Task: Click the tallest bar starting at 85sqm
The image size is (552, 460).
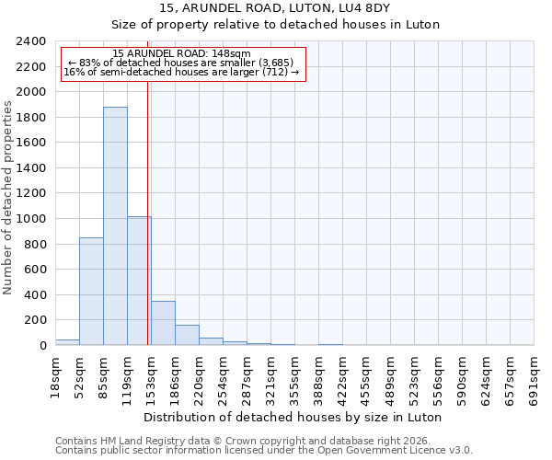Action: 115,226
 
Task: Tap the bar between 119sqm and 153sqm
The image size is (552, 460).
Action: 139,281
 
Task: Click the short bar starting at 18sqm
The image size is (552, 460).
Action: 67,342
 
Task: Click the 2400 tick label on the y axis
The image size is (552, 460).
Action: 31,41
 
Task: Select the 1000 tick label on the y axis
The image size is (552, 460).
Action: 31,219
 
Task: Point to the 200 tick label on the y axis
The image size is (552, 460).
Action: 35,320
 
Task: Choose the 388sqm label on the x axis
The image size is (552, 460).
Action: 318,377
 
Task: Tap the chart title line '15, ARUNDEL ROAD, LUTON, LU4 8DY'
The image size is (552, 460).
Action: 275,8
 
